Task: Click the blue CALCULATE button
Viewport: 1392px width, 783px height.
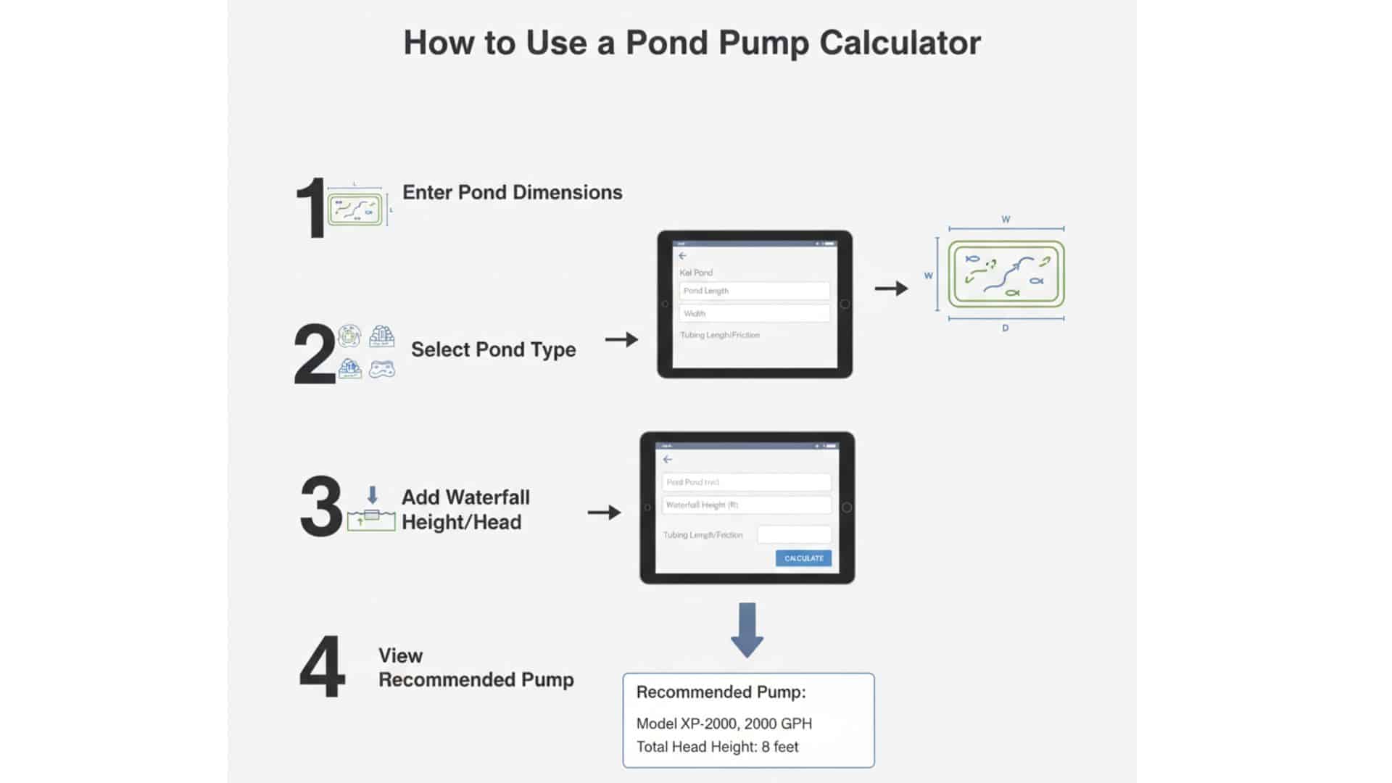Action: tap(803, 558)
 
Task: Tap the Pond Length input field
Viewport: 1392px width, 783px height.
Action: tap(754, 291)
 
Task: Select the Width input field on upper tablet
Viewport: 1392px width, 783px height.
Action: tap(754, 313)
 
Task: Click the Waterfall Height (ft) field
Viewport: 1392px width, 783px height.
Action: tap(746, 505)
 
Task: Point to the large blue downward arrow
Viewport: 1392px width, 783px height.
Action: tap(747, 629)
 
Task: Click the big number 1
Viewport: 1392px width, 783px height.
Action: tap(312, 209)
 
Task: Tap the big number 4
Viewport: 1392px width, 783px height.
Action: tap(322, 667)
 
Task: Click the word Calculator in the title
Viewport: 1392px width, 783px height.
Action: tap(900, 43)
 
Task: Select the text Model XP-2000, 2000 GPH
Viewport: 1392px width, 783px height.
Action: tap(724, 724)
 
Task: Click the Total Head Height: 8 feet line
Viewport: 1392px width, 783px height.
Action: tap(717, 747)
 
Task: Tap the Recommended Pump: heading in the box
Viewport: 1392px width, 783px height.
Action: tap(721, 692)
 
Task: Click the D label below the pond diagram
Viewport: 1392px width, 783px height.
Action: tap(1006, 328)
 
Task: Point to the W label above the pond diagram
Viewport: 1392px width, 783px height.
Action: tap(1006, 219)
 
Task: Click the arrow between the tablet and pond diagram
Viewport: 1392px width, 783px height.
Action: tap(891, 289)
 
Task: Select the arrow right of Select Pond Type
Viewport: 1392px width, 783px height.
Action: tap(621, 339)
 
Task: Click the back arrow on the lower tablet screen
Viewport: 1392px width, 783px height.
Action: tap(668, 460)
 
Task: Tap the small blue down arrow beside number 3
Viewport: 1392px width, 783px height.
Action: tap(372, 495)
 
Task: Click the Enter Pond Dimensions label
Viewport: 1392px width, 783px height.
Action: tap(512, 192)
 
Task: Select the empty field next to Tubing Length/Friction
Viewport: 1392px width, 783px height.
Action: tap(794, 534)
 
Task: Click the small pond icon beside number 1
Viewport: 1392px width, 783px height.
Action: tap(355, 210)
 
